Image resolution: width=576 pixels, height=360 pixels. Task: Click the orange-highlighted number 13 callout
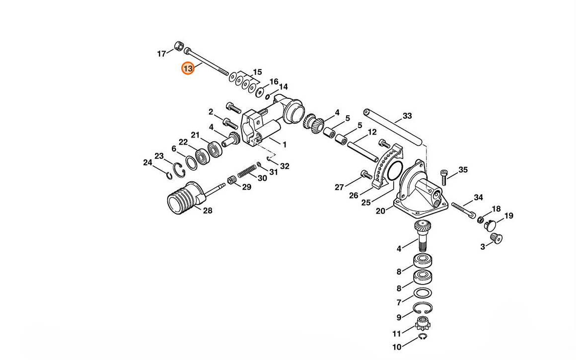click(188, 69)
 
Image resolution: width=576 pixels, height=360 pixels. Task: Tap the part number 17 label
click(162, 54)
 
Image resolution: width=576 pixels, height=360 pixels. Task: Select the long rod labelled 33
click(393, 127)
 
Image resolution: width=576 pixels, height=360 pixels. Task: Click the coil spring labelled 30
click(247, 171)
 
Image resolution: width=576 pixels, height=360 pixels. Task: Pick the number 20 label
click(380, 211)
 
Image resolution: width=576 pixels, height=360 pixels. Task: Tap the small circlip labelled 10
click(423, 337)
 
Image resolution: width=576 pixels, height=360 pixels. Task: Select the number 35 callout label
click(463, 170)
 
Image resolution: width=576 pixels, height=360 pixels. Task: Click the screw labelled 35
click(444, 177)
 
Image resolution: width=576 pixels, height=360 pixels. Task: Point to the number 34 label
click(478, 198)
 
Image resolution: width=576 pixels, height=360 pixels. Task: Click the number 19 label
click(508, 216)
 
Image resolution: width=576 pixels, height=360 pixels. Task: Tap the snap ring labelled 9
click(423, 308)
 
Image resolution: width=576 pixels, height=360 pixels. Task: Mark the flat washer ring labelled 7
click(423, 293)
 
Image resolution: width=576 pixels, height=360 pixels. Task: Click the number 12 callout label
click(372, 132)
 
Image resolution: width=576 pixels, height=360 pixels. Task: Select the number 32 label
click(285, 166)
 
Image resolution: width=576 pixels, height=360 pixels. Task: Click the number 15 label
click(258, 72)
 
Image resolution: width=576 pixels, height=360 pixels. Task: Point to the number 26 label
click(354, 196)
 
